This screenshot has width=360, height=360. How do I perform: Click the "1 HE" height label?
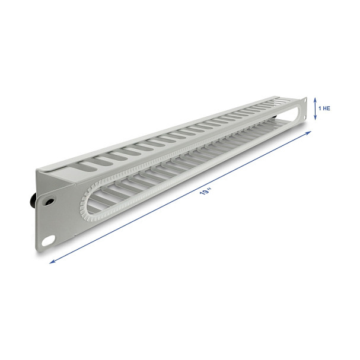[324, 108]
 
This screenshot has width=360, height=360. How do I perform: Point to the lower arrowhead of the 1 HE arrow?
[316, 117]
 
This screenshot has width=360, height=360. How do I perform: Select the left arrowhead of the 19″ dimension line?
[53, 262]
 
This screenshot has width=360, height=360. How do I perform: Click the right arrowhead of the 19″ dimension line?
[308, 133]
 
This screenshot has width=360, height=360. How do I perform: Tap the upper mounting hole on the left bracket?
[49, 201]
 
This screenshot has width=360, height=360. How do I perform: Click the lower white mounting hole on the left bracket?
[49, 241]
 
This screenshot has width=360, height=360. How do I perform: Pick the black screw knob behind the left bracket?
[33, 200]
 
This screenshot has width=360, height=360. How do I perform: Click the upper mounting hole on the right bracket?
[305, 100]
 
